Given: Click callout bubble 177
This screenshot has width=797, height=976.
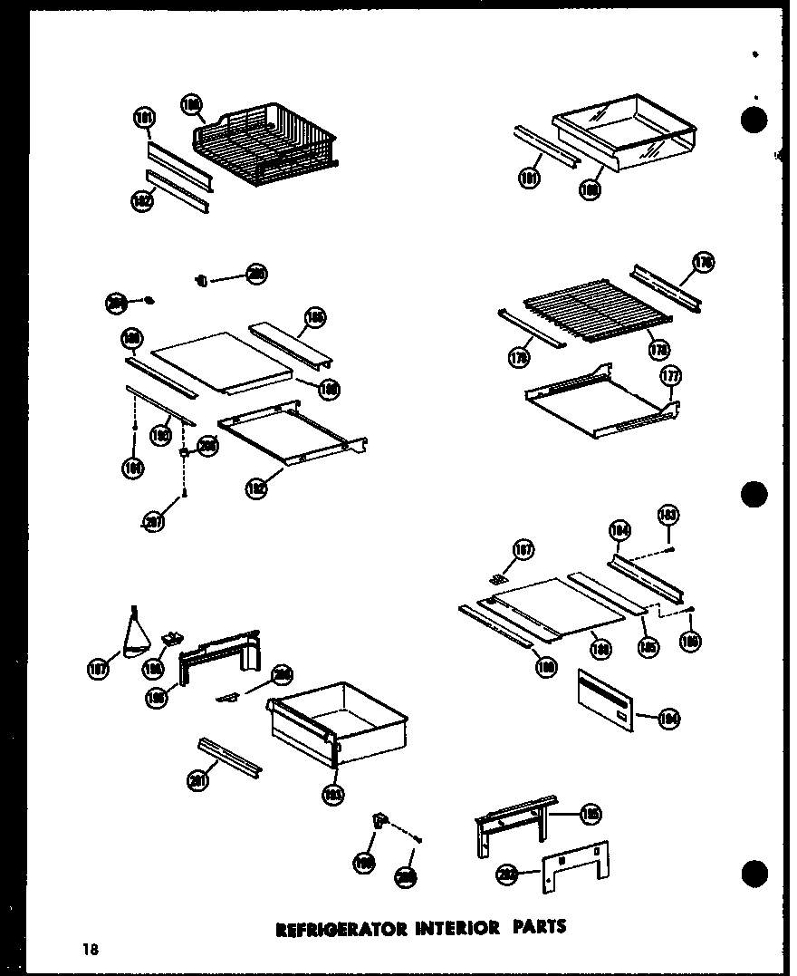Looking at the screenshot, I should tap(671, 376).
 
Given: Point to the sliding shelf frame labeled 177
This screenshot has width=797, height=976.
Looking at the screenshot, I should tap(598, 403).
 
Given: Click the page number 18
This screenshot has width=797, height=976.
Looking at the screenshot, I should tap(89, 949).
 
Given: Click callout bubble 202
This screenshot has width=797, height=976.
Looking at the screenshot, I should tap(508, 875).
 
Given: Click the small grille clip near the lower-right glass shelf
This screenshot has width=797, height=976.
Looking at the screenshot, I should tap(497, 576).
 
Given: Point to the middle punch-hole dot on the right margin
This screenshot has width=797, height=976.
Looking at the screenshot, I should tap(754, 494).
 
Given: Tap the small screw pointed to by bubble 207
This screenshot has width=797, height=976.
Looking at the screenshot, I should tap(184, 493).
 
